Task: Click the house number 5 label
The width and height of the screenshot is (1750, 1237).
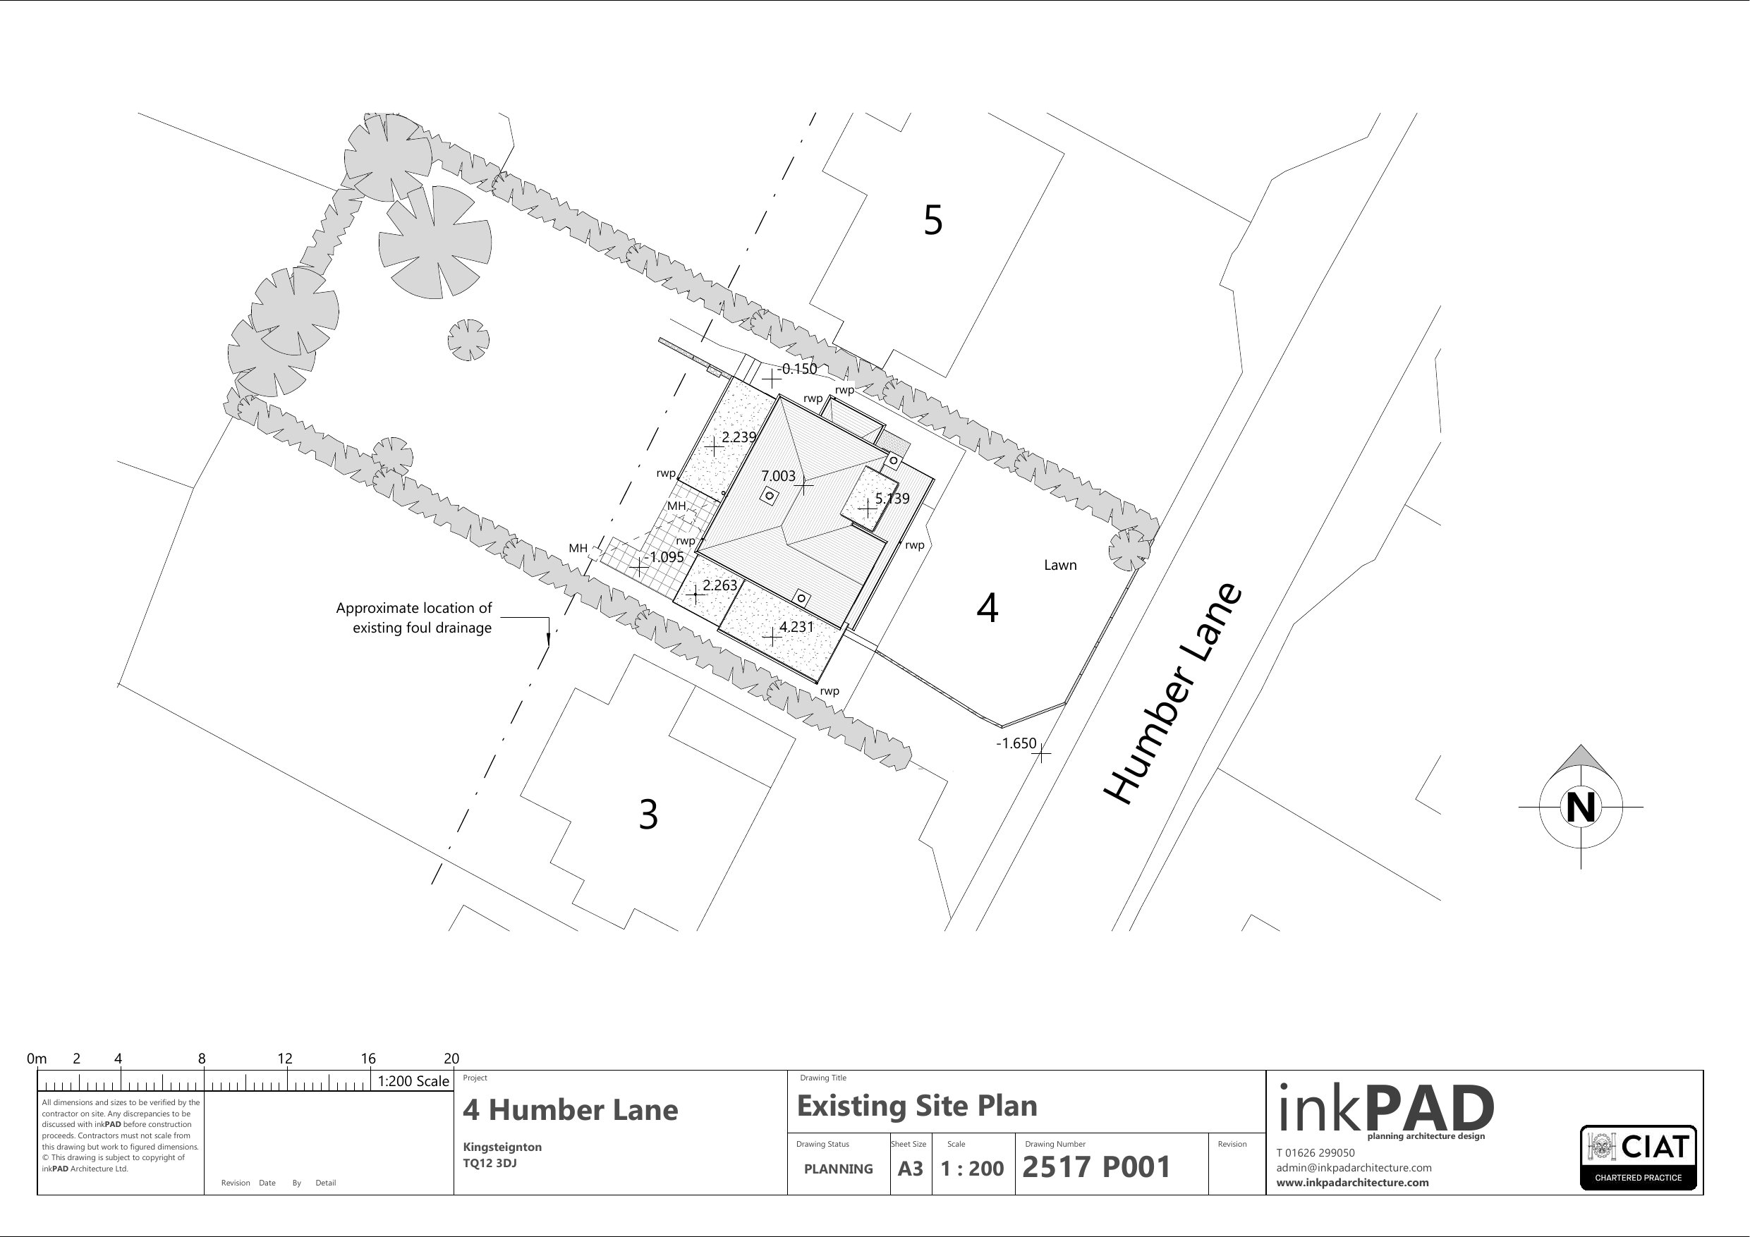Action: click(933, 219)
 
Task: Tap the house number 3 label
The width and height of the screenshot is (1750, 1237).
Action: click(648, 814)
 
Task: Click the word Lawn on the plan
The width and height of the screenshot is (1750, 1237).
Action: click(1060, 565)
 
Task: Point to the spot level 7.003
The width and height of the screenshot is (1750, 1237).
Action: click(778, 476)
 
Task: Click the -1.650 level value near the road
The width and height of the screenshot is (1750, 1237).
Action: click(1016, 743)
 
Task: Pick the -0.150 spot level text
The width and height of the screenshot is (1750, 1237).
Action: click(797, 369)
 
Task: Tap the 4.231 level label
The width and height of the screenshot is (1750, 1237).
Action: click(796, 627)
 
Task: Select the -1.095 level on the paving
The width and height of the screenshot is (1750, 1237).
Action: click(664, 557)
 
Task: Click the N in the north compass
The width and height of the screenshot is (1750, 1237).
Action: click(1581, 807)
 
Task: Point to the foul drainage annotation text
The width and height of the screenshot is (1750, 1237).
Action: click(414, 618)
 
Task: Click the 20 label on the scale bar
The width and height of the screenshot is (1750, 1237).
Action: click(451, 1059)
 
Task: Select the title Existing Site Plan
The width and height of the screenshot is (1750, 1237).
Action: click(917, 1106)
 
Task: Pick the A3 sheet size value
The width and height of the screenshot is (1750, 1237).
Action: click(910, 1169)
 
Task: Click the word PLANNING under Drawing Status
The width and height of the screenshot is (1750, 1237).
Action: click(839, 1169)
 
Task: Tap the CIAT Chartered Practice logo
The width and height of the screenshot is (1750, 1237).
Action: click(1639, 1158)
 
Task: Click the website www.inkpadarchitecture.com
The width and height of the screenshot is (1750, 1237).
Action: click(1352, 1183)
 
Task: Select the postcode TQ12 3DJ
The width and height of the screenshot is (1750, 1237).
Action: click(490, 1164)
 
